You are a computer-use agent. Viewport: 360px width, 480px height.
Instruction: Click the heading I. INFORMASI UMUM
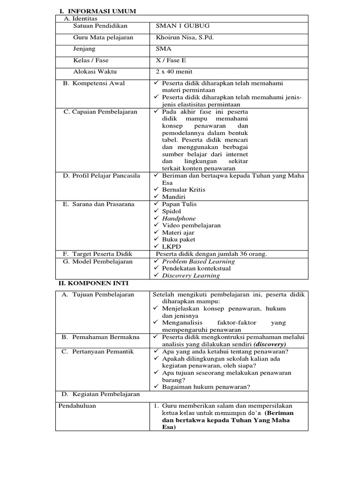click(x=97, y=11)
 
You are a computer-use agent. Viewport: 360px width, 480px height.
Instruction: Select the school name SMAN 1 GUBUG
click(x=180, y=26)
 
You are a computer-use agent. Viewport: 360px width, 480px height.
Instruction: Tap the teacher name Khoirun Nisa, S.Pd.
click(x=184, y=37)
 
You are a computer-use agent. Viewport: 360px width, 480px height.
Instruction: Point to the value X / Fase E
click(x=171, y=60)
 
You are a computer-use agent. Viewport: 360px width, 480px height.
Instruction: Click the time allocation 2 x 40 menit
click(x=174, y=72)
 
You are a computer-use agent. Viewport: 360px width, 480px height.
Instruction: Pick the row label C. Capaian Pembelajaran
click(x=100, y=112)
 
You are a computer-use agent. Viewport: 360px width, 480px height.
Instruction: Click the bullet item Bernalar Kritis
click(x=183, y=189)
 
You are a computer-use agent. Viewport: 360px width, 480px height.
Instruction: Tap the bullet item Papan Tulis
click(x=179, y=204)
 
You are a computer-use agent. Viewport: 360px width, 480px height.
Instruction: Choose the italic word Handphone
click(x=179, y=218)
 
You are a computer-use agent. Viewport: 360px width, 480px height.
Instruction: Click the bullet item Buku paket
click(x=179, y=240)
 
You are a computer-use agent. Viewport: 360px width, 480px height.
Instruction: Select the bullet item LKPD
click(x=171, y=247)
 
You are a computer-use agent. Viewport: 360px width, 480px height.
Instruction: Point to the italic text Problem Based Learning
click(x=198, y=262)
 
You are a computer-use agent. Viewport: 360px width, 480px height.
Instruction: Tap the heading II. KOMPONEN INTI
click(x=93, y=284)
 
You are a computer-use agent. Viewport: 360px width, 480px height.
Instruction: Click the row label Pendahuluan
click(x=77, y=405)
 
